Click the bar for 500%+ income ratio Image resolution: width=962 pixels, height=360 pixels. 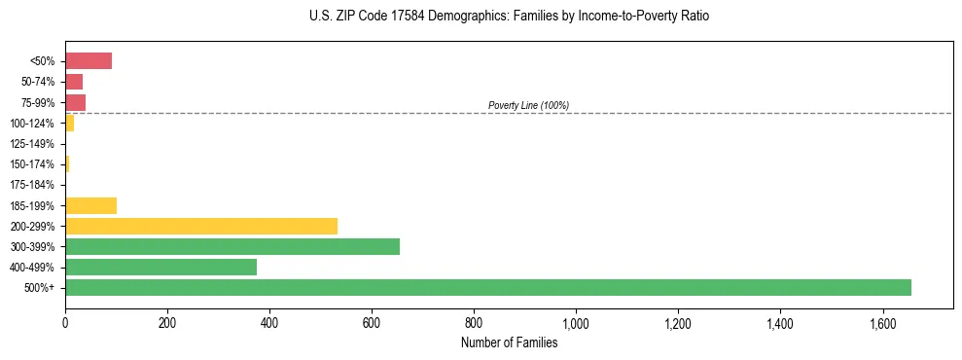(487, 287)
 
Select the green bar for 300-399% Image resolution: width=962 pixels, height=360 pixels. (232, 246)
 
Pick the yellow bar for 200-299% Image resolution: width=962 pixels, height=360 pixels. (200, 226)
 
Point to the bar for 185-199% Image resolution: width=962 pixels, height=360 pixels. (90, 205)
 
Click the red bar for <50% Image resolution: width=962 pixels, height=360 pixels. (88, 61)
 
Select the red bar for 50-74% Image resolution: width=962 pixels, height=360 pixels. (74, 82)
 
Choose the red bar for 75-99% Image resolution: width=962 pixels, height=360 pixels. (75, 102)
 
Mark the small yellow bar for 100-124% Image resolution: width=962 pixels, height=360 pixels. (69, 124)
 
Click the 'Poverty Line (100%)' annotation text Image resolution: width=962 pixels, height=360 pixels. (528, 105)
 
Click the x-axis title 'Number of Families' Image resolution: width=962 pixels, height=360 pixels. (509, 342)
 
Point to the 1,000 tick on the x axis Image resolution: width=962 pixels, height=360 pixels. (576, 322)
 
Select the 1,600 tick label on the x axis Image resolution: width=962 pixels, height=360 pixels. (882, 322)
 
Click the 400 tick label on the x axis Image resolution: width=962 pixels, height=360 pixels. (269, 322)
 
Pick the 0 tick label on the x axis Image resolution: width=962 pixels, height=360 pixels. (65, 322)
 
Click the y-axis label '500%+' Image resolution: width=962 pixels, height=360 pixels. (39, 288)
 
